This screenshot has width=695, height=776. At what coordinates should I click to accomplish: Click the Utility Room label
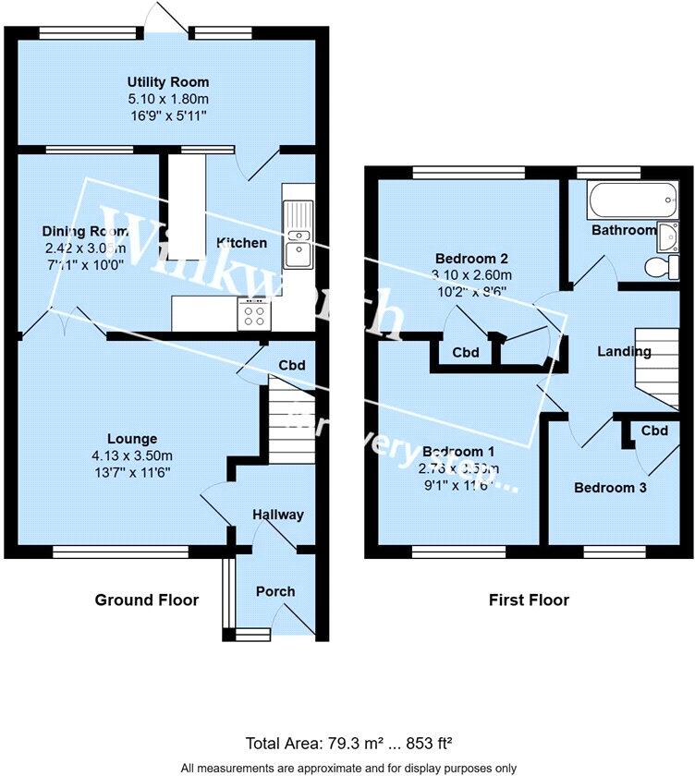(x=168, y=82)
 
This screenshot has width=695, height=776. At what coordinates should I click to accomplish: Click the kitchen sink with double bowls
(x=298, y=235)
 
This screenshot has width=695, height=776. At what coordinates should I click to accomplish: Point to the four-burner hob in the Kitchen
(x=253, y=315)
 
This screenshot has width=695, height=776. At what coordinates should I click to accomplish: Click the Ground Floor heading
(x=147, y=600)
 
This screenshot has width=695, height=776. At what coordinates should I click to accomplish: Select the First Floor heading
(x=529, y=600)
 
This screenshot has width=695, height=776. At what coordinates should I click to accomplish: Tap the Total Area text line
(x=347, y=742)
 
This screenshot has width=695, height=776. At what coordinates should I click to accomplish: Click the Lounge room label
(x=131, y=439)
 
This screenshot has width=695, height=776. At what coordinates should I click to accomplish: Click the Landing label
(x=624, y=351)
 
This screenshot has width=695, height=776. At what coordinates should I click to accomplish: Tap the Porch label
(x=275, y=591)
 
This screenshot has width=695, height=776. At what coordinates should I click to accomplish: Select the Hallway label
(x=277, y=515)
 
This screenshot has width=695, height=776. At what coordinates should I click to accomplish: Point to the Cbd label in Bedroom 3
(x=654, y=430)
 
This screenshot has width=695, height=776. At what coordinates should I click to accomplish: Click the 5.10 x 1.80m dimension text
(x=168, y=99)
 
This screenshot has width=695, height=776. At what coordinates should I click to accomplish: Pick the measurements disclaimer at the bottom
(x=347, y=768)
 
